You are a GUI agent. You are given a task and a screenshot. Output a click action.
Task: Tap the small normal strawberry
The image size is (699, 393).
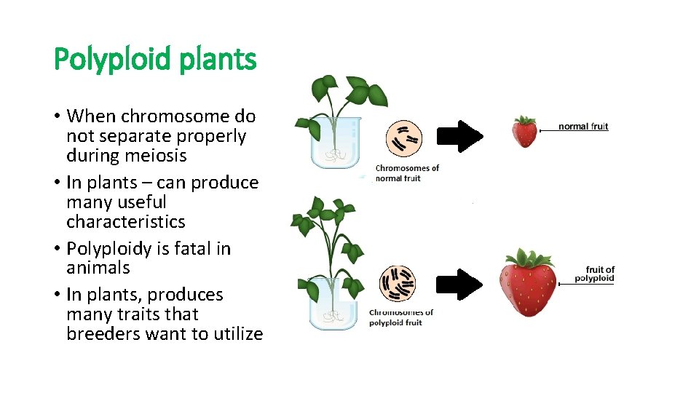click(x=524, y=132)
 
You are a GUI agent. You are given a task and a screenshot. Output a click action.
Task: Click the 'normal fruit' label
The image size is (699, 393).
click(x=583, y=127)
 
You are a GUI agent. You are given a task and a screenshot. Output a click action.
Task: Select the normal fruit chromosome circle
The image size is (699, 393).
click(x=403, y=138)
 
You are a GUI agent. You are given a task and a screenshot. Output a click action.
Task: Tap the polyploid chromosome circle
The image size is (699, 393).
click(x=398, y=283)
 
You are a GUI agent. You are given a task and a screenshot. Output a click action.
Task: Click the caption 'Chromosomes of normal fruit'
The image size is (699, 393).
click(x=407, y=173)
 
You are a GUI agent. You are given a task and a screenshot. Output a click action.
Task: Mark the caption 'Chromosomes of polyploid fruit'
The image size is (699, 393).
click(x=400, y=317)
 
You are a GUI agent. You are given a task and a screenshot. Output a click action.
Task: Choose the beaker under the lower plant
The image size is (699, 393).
click(x=330, y=301)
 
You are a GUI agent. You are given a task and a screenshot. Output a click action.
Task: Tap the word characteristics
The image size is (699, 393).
click(x=125, y=222)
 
